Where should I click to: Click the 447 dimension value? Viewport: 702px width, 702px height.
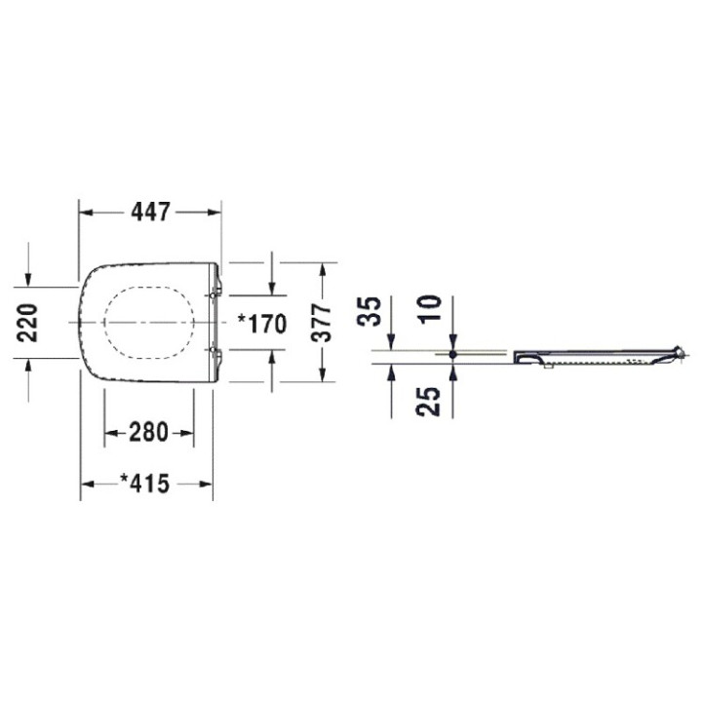coord(151,213)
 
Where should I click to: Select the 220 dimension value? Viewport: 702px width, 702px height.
coord(27,323)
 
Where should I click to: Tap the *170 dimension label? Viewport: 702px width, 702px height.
coord(261,324)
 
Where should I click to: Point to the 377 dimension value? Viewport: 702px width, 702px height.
coord(322,323)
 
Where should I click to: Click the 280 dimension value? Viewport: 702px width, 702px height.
coord(148,433)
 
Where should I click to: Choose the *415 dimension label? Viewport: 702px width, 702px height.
coord(145,484)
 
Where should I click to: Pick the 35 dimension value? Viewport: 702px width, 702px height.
coord(370,311)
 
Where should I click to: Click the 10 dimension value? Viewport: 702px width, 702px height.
coord(431,307)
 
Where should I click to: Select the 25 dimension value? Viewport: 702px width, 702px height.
coord(428,402)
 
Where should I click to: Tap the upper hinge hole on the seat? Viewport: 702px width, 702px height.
coord(213,295)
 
